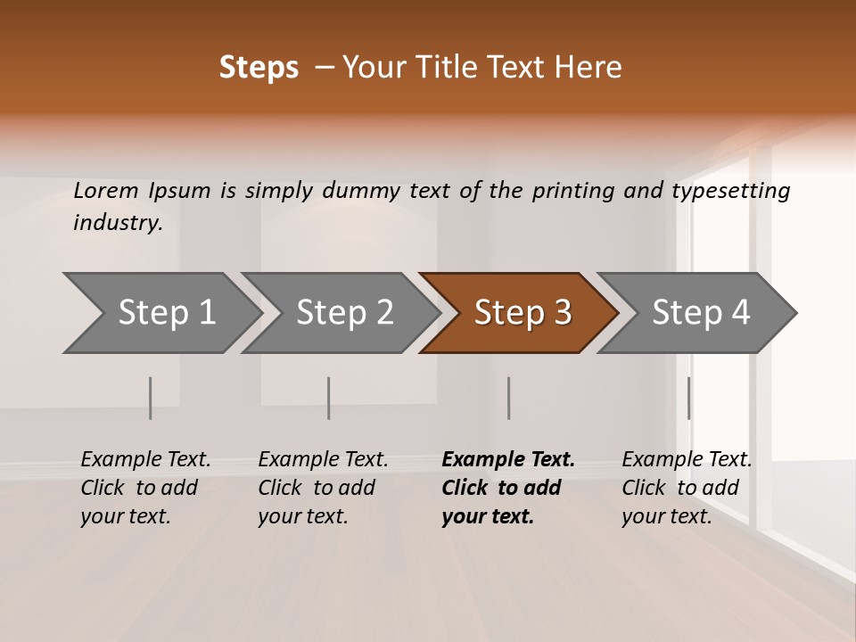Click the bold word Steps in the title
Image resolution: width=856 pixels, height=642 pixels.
pos(259,68)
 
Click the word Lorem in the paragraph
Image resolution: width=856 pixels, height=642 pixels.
pos(106,191)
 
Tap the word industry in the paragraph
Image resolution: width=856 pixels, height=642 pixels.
pos(118,223)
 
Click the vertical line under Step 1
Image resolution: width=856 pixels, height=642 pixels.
pos(150,398)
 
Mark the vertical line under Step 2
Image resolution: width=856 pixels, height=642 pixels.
pos(329,398)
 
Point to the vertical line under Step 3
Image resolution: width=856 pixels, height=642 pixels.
pos(508,398)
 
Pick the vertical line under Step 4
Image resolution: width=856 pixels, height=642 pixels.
pos(688,398)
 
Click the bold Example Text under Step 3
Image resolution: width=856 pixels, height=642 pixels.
pos(508,460)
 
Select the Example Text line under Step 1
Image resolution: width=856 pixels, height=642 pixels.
pos(145,460)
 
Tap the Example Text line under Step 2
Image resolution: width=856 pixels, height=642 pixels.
pos(323,460)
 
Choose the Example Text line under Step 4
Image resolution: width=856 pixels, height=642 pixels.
pos(687,460)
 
